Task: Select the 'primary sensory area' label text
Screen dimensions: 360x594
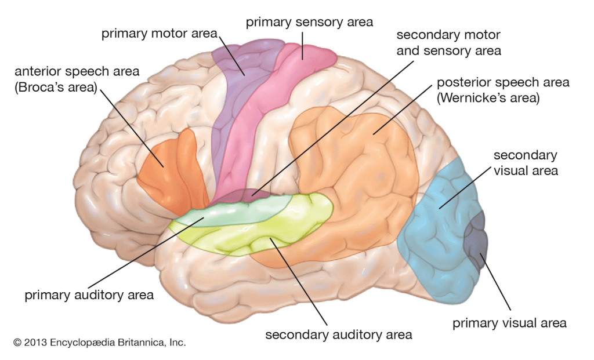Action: coord(309,23)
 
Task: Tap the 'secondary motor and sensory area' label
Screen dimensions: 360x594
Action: coord(448,43)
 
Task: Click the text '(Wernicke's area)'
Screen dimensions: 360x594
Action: coord(489,98)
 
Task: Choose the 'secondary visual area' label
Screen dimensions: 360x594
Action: coord(526,162)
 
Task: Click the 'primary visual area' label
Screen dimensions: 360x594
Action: coord(509,323)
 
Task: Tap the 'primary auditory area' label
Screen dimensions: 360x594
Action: coord(89,295)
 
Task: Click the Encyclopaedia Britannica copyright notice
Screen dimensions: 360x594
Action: coord(100,343)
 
